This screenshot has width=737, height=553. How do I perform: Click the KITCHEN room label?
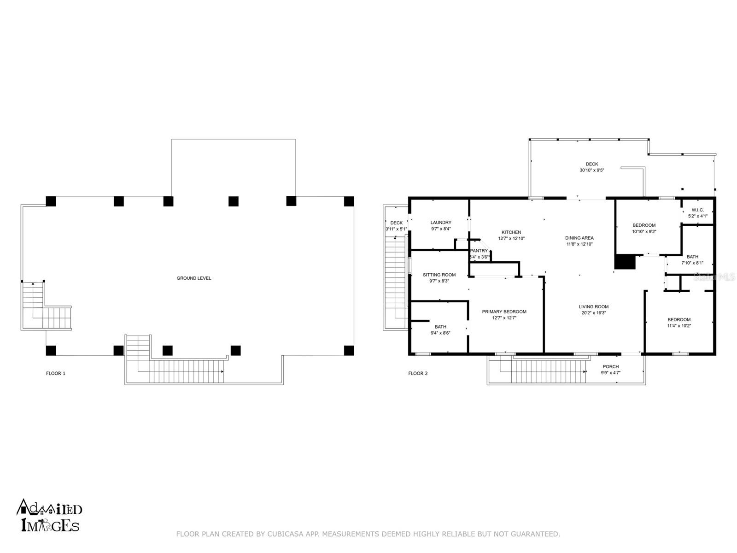(x=511, y=232)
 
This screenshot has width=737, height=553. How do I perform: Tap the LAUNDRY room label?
(x=440, y=222)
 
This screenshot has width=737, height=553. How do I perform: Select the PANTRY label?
(x=479, y=251)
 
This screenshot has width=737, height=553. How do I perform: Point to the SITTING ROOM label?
(x=439, y=275)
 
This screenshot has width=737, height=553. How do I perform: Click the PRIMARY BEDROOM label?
(x=504, y=312)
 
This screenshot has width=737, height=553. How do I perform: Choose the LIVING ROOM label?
(x=593, y=306)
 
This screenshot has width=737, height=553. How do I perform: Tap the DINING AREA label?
(x=579, y=238)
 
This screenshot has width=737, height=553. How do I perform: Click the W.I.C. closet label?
(x=697, y=210)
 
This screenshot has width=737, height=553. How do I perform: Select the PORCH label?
(x=610, y=367)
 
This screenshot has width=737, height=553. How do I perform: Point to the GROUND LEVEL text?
(x=194, y=278)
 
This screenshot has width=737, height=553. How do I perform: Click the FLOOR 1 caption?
(x=56, y=373)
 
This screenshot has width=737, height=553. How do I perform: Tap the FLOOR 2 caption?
(x=418, y=373)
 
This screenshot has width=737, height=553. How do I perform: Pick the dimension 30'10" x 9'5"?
(x=591, y=170)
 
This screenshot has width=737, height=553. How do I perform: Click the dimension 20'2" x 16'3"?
(x=593, y=313)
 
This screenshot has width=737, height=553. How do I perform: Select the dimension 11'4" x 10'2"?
(x=679, y=326)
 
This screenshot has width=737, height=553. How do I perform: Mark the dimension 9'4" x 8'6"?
(x=440, y=333)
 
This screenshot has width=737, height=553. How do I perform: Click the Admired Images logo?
(x=49, y=515)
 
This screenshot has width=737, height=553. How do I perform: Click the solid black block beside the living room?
(x=625, y=262)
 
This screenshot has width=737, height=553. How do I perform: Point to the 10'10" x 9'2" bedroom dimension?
(x=643, y=232)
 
